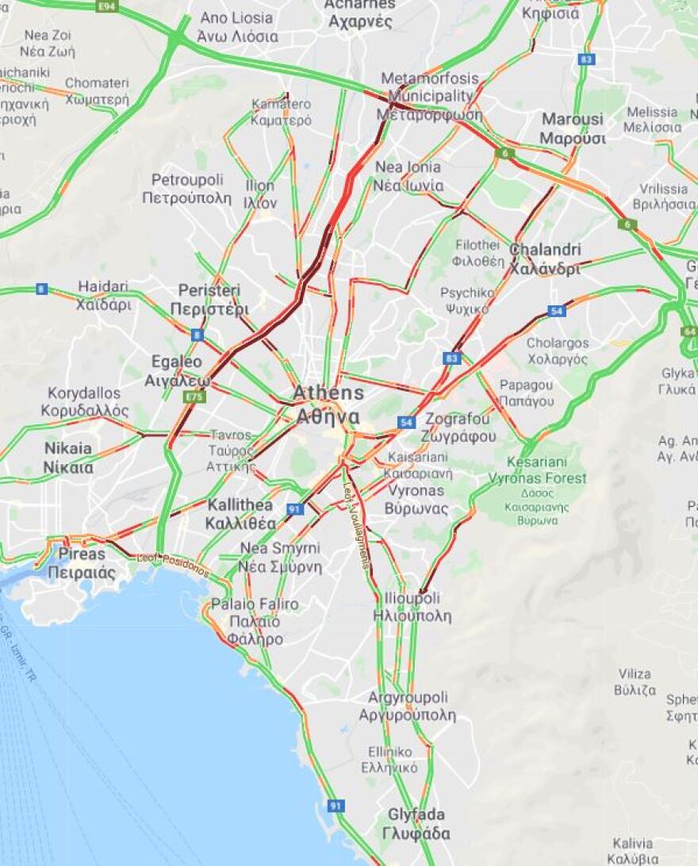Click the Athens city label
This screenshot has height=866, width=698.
328,404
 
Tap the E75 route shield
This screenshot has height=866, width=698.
194,397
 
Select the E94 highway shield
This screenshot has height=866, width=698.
106,6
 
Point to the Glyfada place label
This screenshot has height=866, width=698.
416,824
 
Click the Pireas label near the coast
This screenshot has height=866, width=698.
81,562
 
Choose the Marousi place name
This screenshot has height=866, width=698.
573,128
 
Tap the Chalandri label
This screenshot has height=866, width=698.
545,259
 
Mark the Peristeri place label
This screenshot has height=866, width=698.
209,299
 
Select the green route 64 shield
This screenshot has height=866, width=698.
688,331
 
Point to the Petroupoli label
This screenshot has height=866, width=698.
187,188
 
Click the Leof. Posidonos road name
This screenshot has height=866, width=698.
173,564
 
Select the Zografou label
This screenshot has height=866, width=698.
460,427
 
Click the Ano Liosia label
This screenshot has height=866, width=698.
236,26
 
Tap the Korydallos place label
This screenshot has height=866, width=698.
85,402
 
